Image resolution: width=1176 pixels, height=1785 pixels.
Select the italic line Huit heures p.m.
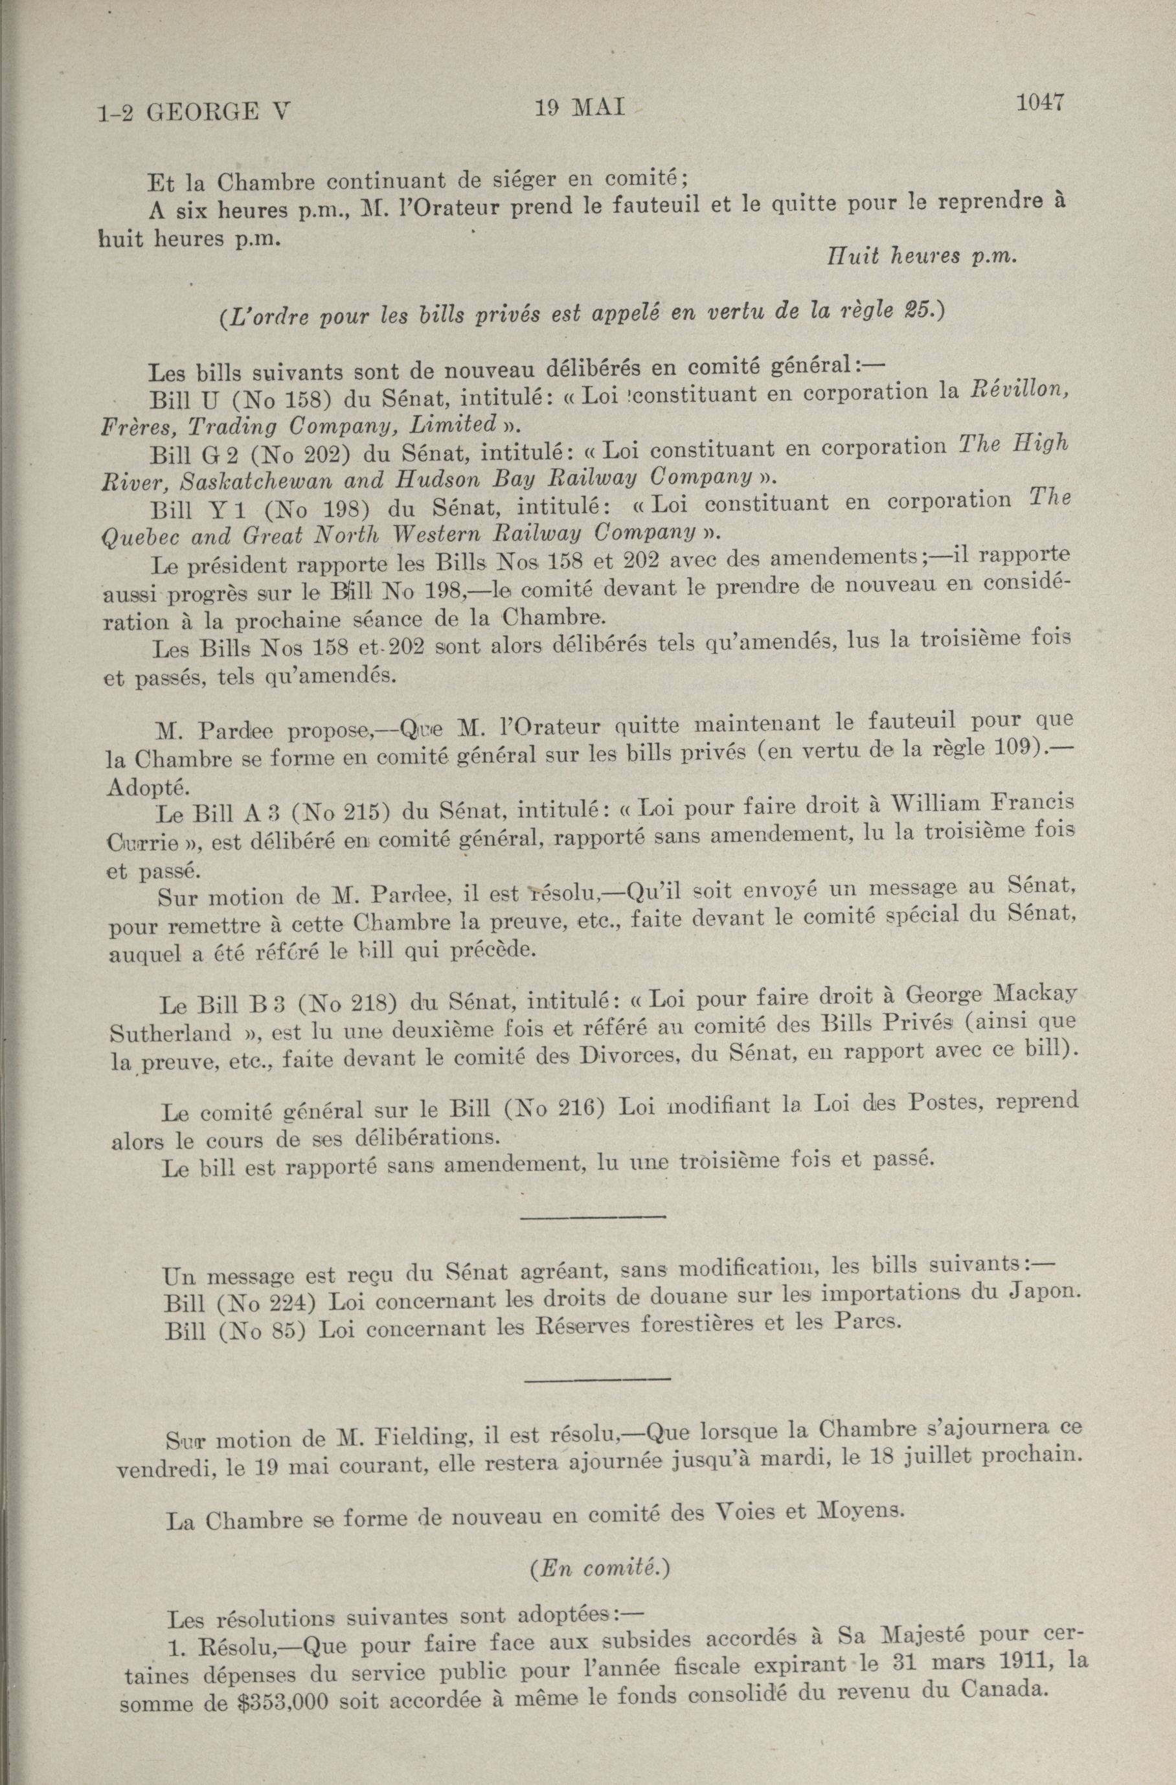[x=920, y=256]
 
